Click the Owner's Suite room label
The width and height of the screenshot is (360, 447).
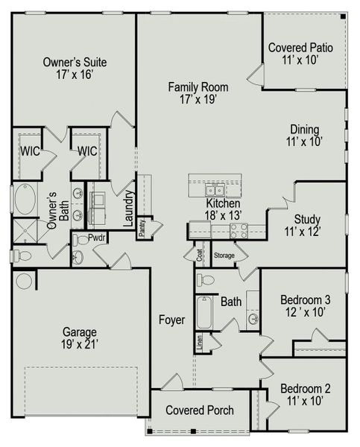[x=75, y=62]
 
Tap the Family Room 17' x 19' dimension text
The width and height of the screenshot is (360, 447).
[x=198, y=100]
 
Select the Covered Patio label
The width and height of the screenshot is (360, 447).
[x=300, y=48]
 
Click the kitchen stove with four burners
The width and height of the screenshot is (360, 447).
[x=239, y=231]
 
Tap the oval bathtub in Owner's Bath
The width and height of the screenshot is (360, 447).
[x=25, y=199]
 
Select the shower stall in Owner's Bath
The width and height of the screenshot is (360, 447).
[x=25, y=231]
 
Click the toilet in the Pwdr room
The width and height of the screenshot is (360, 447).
[x=80, y=240]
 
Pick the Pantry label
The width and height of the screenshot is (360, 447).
[x=142, y=227]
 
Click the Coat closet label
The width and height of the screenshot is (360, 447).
[x=199, y=255]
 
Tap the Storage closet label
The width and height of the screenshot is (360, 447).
[x=224, y=256]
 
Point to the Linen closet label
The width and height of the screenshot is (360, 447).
[x=199, y=343]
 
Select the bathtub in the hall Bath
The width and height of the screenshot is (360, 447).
[x=204, y=312]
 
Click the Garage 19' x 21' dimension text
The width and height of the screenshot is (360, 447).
[x=80, y=345]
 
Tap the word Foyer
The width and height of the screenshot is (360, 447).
[x=171, y=320]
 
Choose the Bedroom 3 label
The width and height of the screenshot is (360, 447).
[x=306, y=300]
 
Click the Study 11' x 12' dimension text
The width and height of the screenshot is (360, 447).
[x=303, y=232]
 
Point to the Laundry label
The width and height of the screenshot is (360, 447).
[x=129, y=208]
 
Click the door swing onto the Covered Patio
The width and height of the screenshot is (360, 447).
[x=256, y=74]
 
